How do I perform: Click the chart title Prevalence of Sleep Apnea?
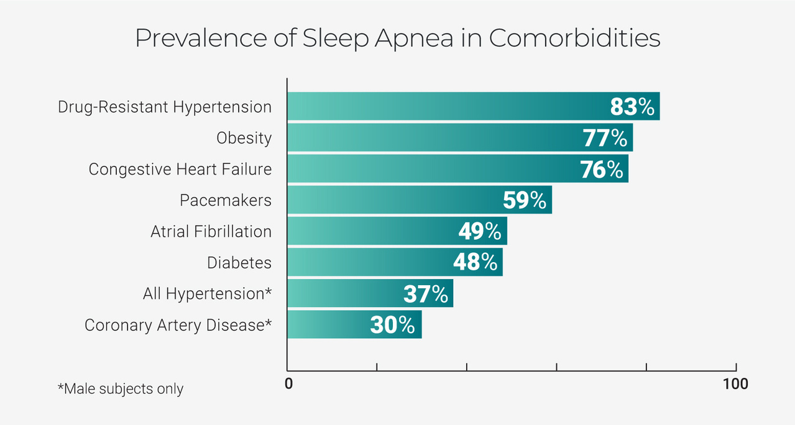coord(397,39)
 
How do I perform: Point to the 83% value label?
coord(632,107)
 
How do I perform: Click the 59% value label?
coord(525,200)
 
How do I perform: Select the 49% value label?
coord(480,231)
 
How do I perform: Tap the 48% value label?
coord(475,262)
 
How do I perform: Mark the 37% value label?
coord(426,293)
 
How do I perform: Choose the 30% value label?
coord(392,324)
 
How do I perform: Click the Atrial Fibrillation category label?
coord(211,231)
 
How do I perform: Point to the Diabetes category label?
coord(239,262)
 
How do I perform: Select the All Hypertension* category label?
coord(207,293)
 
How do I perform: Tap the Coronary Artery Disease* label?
coord(178,324)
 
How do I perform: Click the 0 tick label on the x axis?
coord(288,384)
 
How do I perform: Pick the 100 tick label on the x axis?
coord(735,384)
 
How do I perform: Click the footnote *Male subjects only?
coord(121,389)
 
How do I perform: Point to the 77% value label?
coord(605,138)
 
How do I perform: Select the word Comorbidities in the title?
coord(574,39)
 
